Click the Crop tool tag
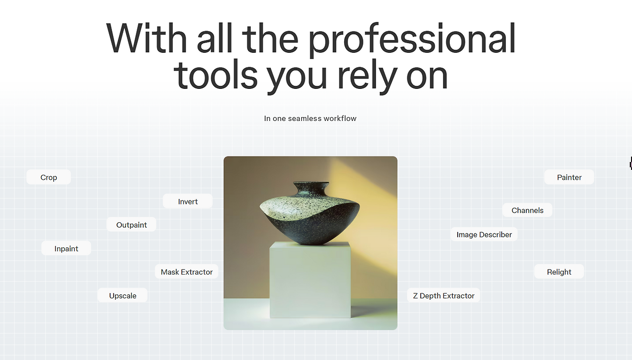coord(48,177)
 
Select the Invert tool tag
coord(188,201)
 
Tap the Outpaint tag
coord(131,225)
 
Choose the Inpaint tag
coord(66,248)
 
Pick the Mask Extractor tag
coord(187,272)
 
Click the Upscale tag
coord(122,295)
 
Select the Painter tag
coord(569,177)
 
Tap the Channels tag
coord(527,210)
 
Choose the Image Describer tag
coord(484,234)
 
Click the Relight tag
coord(559,272)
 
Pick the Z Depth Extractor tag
coord(443,295)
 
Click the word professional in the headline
coord(412,40)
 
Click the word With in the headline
coord(147,38)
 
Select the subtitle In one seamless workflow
coord(310,119)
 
